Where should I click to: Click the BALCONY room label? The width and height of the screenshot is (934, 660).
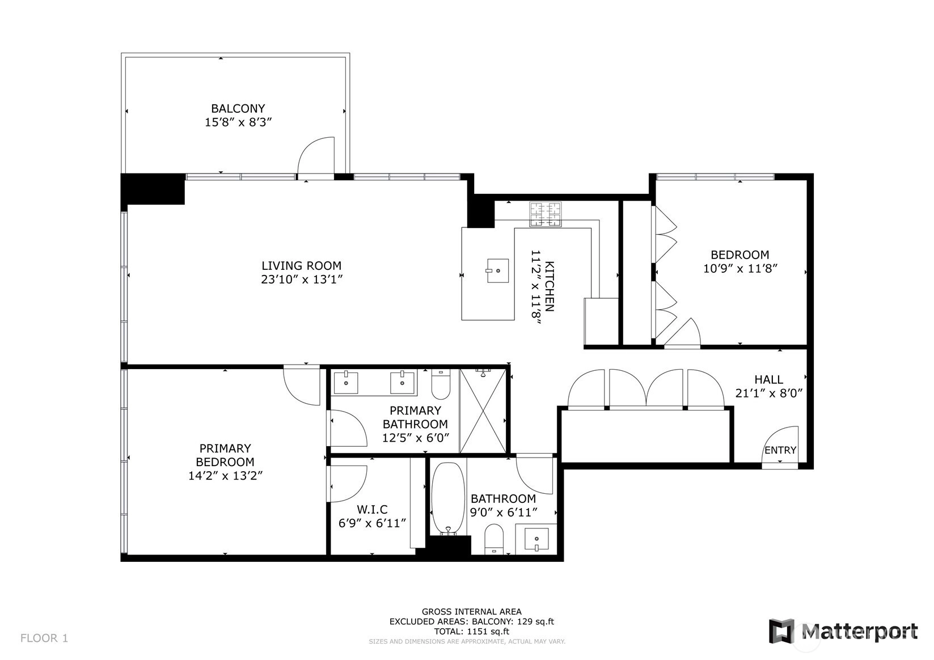coord(238,108)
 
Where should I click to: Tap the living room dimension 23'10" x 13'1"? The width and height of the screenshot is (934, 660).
coord(302,280)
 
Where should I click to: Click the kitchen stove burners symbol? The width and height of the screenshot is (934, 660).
coord(546,214)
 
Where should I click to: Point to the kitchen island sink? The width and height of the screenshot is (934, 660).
coord(498,271)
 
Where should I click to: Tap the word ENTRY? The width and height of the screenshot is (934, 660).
coord(780,450)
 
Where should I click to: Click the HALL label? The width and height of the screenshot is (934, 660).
coord(768,379)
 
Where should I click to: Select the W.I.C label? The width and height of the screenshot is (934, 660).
coord(372,510)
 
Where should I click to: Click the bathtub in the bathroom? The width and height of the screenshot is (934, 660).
coord(448,498)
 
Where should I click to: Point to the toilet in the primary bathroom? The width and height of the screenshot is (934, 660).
coord(441,384)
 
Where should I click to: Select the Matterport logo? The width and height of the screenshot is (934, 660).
coord(843,631)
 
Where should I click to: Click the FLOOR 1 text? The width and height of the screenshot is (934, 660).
coord(44,638)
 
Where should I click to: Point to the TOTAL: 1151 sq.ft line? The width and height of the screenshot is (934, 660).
coord(471,631)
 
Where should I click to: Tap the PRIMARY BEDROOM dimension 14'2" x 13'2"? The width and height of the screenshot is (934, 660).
coord(225,476)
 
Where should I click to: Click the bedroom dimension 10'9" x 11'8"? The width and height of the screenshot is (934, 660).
coord(740,269)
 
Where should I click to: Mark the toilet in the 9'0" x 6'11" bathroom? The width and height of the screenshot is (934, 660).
coord(494,539)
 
